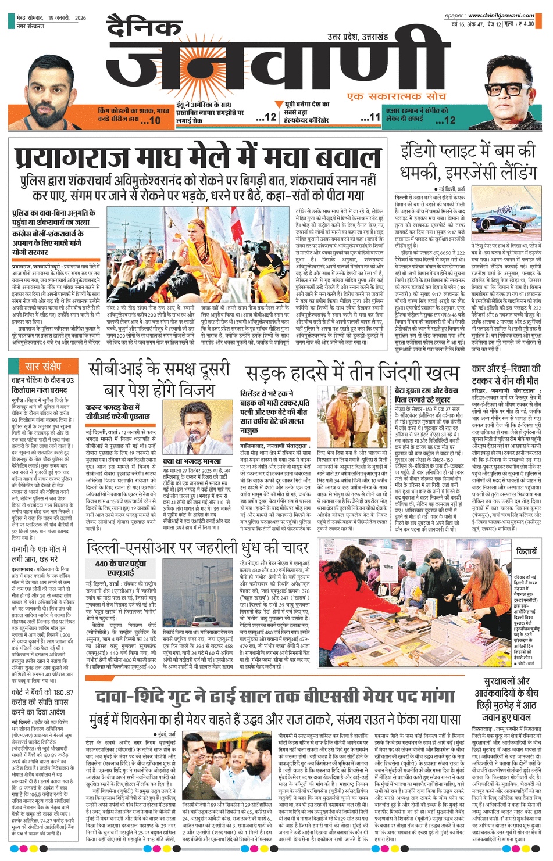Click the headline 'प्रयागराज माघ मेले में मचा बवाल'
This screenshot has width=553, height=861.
pyautogui.click(x=198, y=159)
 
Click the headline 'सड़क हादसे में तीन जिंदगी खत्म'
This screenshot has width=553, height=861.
pyautogui.click(x=352, y=372)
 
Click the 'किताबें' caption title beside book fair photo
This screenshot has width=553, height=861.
pyautogui.click(x=526, y=551)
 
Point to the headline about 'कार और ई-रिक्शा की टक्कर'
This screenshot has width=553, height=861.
pyautogui.click(x=505, y=375)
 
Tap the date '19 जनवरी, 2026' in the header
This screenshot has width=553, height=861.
pyautogui.click(x=67, y=18)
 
